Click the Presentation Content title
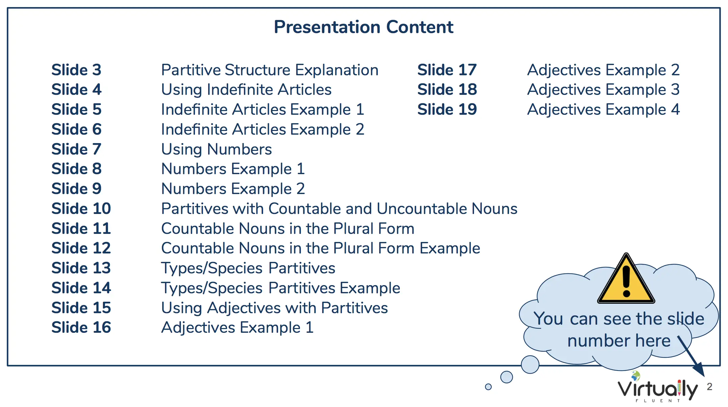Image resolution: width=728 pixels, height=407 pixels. click(363, 27)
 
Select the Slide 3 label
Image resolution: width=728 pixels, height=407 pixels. click(76, 70)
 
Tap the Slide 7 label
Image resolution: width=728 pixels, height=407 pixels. click(76, 149)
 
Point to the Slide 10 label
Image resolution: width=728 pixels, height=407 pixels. click(81, 209)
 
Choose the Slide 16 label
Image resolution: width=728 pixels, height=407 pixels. click(81, 327)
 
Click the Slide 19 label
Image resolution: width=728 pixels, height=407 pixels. click(447, 109)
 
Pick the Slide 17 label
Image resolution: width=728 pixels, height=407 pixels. click(447, 70)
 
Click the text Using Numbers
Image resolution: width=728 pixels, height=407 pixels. click(217, 150)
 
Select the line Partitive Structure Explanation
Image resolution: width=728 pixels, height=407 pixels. click(270, 70)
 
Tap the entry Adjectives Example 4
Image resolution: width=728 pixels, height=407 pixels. click(604, 110)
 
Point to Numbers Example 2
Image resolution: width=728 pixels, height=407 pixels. click(233, 189)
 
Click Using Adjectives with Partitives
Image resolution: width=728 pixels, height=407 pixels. click(275, 308)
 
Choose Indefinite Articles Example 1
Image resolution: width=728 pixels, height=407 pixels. click(263, 110)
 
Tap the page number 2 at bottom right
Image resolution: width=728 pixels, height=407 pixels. click(709, 386)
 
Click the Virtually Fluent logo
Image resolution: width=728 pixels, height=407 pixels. click(657, 387)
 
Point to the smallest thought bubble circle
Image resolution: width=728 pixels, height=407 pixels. click(488, 387)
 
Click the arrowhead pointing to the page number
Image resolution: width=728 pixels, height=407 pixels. click(700, 370)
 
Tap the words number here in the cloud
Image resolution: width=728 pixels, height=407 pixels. click(619, 341)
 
